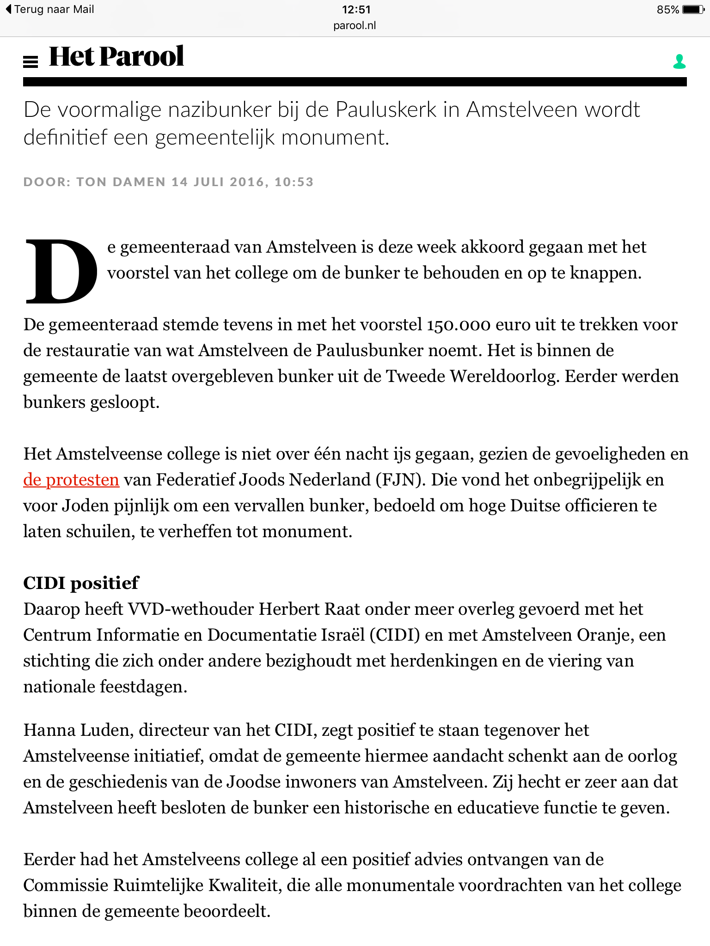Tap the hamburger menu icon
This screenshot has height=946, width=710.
click(31, 61)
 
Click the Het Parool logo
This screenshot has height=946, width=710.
click(116, 57)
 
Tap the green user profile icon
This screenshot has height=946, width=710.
click(679, 61)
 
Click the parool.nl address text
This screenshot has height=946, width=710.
click(355, 26)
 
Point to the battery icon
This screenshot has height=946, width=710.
click(693, 10)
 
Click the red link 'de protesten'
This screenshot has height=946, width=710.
click(71, 480)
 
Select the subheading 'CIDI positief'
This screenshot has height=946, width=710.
click(81, 583)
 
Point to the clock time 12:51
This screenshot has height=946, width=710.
click(356, 9)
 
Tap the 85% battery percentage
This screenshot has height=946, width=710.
click(667, 10)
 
